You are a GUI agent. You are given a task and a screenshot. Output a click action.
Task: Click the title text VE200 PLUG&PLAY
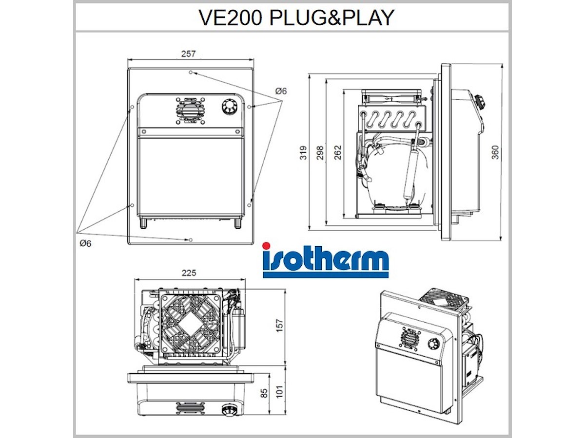click(296, 18)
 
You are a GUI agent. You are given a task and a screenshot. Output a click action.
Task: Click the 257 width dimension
click(189, 54)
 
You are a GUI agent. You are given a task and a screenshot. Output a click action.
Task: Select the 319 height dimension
click(304, 152)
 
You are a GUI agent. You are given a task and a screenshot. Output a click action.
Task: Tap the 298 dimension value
click(321, 152)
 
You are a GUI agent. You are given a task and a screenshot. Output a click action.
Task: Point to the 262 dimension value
click(338, 152)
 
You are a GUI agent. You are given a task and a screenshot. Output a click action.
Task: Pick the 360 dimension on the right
click(495, 152)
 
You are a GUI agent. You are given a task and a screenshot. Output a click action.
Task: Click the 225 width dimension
click(189, 273)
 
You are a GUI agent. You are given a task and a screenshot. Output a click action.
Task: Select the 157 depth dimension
click(279, 326)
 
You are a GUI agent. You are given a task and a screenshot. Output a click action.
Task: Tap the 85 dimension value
click(264, 394)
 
